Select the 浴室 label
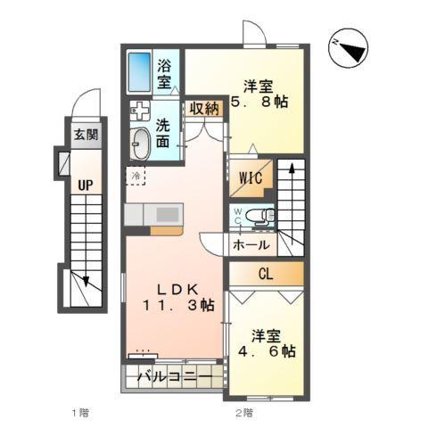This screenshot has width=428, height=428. (x=165, y=73)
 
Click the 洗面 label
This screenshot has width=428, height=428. (x=166, y=134)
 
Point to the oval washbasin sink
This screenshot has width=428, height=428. (x=141, y=143)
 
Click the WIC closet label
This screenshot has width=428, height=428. (x=250, y=177)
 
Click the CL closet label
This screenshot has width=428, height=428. (x=265, y=275)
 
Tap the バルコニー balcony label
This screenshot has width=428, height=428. (x=176, y=379)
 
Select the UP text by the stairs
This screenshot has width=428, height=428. (x=85, y=185)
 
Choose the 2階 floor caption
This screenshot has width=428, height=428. (x=243, y=412)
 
